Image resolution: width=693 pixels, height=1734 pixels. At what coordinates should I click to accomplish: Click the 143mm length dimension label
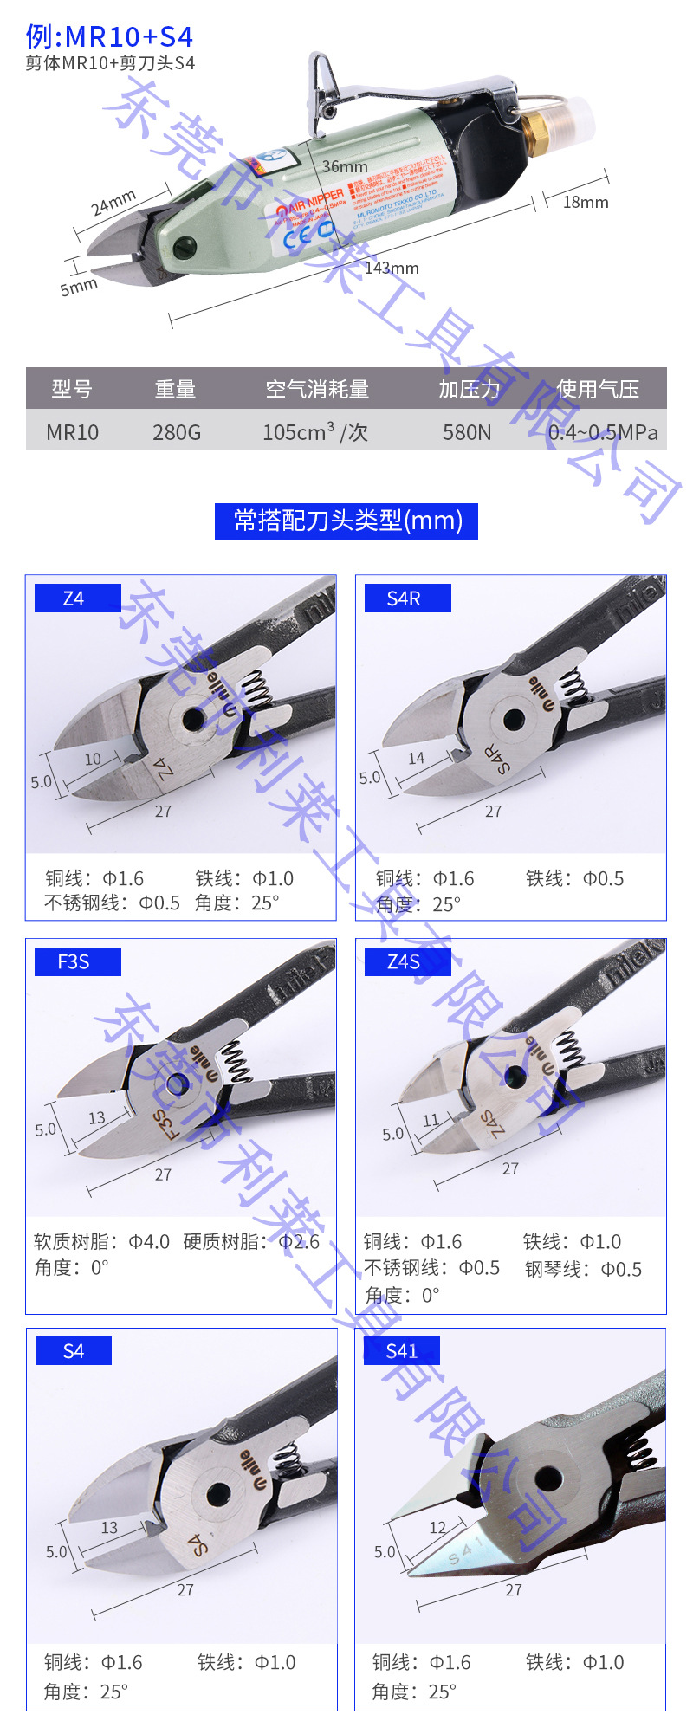tap(392, 269)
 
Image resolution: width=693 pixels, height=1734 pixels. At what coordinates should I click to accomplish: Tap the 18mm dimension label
tap(586, 202)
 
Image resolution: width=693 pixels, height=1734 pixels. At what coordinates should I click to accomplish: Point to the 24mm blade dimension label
tap(113, 204)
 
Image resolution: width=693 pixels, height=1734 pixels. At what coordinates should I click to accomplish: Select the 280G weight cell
tap(177, 432)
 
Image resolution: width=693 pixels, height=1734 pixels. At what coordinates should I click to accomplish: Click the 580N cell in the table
tap(467, 432)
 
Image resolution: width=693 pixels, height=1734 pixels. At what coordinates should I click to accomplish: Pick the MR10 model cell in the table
tap(73, 432)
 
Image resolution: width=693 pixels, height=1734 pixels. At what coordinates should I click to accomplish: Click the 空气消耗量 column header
tap(317, 390)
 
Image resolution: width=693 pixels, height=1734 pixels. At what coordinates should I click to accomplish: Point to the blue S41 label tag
tap(401, 1350)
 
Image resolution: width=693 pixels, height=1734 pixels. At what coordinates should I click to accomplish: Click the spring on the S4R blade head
tap(572, 685)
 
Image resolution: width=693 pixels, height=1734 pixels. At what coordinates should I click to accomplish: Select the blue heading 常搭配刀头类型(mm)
tap(346, 521)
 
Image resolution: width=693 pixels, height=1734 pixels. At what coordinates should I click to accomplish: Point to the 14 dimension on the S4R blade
tap(417, 758)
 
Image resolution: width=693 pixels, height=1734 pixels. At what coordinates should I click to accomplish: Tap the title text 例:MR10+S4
tap(109, 36)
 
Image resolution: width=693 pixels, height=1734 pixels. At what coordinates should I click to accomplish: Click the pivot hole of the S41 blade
tap(547, 1478)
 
